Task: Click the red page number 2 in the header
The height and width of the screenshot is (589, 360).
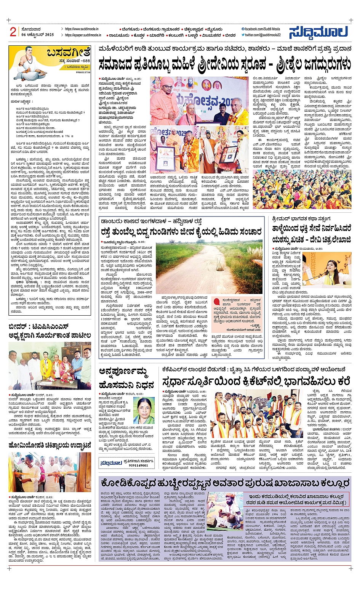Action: [x=13, y=32]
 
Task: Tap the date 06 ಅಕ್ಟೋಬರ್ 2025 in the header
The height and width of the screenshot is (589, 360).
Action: [x=38, y=35]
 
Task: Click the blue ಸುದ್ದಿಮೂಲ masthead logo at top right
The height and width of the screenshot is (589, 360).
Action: [x=318, y=32]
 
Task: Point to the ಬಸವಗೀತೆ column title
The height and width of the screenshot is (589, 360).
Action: [x=69, y=52]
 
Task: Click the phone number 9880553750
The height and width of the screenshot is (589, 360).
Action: [x=83, y=72]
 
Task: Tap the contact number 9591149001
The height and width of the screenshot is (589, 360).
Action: [x=138, y=465]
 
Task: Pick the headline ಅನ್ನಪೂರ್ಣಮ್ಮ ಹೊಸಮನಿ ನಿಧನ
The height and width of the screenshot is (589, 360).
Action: [x=126, y=377]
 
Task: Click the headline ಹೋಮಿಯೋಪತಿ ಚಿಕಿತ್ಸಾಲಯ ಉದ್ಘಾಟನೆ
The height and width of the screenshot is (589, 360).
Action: [x=50, y=445]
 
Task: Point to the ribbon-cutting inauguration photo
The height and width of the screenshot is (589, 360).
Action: [x=50, y=472]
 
